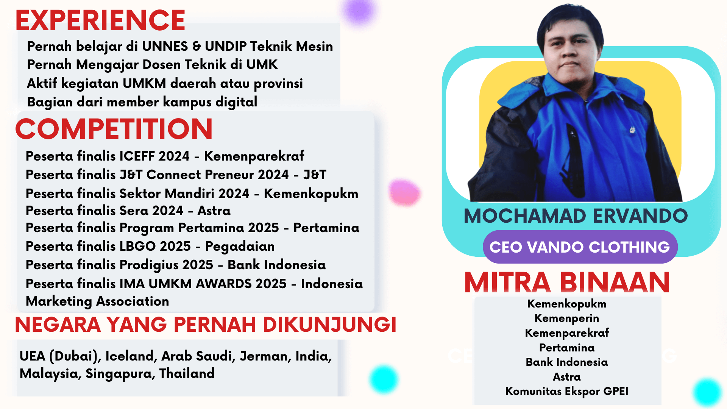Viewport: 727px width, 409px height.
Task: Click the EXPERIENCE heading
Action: (100, 20)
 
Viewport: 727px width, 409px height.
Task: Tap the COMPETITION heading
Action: (114, 129)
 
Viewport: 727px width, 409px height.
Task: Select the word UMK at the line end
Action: (262, 65)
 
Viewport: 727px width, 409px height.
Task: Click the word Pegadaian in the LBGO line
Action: (240, 247)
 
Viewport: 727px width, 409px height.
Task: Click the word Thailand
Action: (187, 373)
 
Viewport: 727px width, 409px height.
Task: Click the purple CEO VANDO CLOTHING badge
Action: (580, 247)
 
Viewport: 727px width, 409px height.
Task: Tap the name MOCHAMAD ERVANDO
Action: (576, 216)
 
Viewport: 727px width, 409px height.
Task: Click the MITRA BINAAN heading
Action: (567, 283)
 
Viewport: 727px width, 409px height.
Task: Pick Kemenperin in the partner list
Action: (567, 318)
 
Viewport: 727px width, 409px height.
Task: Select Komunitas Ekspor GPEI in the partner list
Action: (567, 391)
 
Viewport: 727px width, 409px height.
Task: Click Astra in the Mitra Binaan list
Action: (567, 377)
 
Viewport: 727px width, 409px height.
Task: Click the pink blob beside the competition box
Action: (404, 192)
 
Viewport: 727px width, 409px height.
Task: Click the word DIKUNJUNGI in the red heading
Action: (329, 325)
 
